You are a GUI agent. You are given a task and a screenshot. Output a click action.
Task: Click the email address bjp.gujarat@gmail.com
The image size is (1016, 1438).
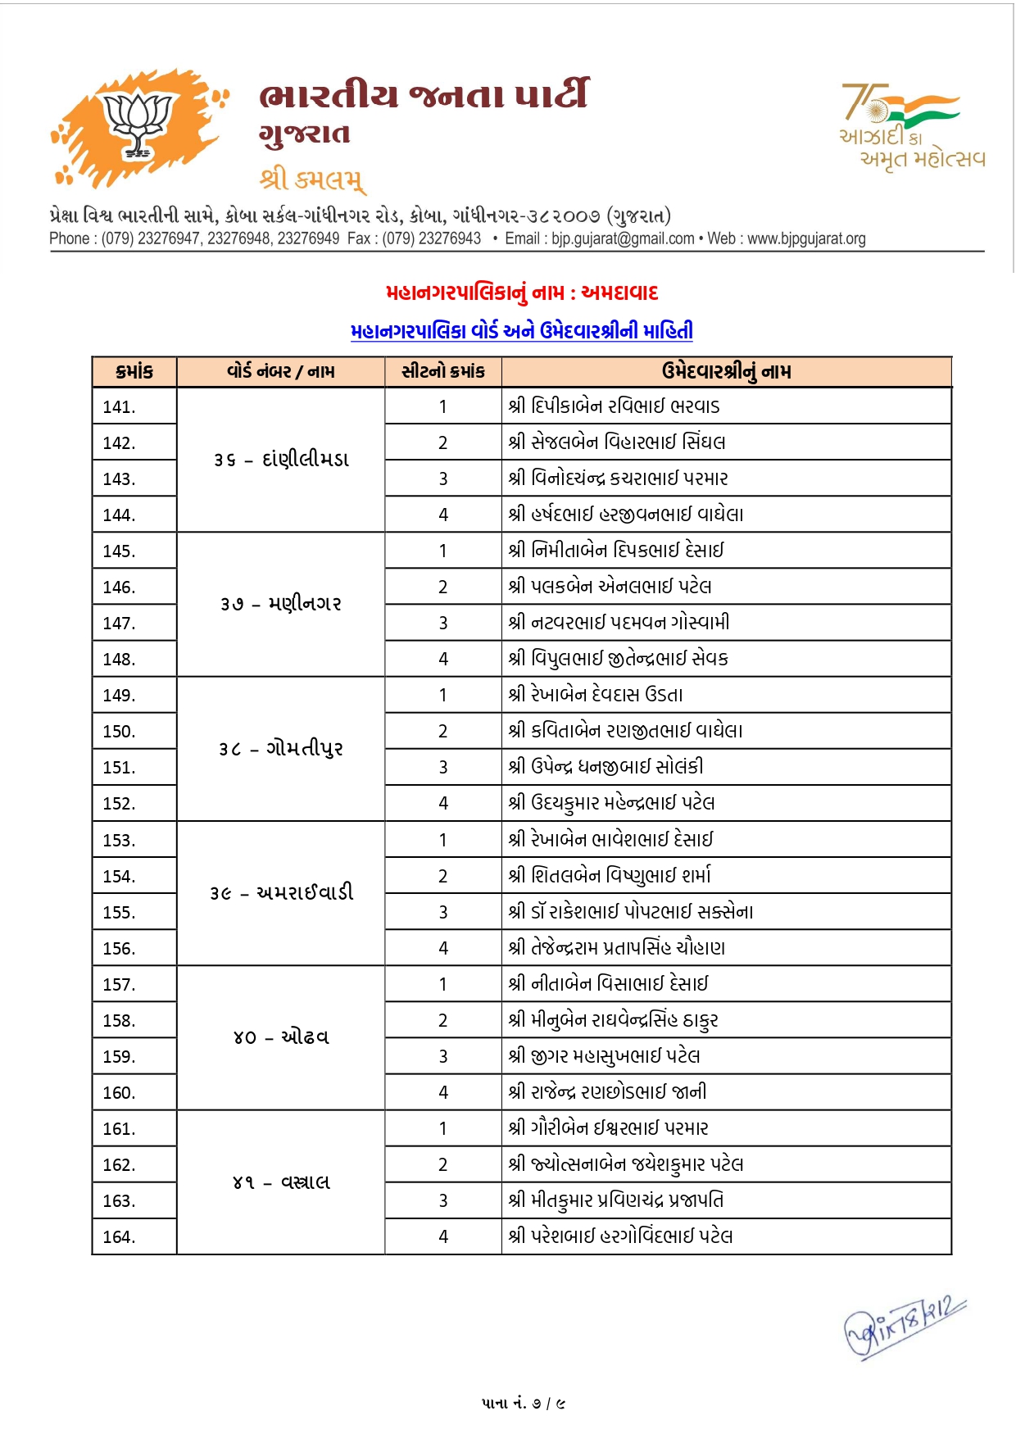coord(623,238)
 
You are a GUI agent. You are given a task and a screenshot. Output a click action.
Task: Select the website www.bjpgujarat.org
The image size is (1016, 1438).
coord(806,238)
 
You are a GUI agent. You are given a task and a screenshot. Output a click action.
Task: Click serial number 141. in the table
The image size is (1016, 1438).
coord(120,406)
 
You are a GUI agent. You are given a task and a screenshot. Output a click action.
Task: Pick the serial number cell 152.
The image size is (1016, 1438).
coord(120,804)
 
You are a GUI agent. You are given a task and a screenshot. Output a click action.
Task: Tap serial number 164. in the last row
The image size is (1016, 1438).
coord(120,1237)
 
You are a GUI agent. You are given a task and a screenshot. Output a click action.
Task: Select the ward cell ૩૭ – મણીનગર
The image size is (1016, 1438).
coord(280,605)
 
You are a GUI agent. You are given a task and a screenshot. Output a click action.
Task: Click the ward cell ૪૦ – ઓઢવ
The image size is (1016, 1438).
coord(280,1037)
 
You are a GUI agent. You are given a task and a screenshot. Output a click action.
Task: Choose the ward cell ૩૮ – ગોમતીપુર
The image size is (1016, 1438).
coord(280,749)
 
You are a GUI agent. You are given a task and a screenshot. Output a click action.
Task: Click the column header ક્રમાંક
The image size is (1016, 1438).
coord(134,372)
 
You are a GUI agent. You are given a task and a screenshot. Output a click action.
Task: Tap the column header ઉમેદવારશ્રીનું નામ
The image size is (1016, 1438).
coord(726,372)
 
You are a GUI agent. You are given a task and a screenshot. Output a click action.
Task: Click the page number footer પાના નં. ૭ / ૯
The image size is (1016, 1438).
coord(524,1404)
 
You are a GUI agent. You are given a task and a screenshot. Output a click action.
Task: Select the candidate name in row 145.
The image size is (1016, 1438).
coord(616,551)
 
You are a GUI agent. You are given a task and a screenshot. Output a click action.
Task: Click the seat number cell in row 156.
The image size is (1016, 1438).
coord(443,949)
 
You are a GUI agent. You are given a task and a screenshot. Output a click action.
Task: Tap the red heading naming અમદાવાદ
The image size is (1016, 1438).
coord(522,293)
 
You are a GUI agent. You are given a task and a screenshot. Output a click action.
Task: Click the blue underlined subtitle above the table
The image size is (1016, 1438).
coord(522,331)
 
